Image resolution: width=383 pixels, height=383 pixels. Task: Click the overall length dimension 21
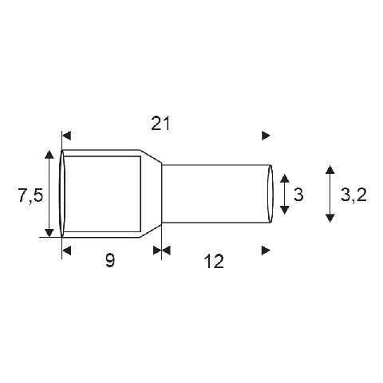click(160, 124)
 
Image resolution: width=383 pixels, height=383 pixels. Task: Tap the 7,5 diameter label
click(30, 195)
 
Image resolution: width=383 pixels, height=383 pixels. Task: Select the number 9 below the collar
click(110, 260)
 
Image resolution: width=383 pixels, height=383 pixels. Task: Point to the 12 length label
click(214, 261)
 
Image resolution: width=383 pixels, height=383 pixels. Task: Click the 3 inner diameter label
click(298, 195)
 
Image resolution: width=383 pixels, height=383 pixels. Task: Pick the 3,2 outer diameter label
click(353, 195)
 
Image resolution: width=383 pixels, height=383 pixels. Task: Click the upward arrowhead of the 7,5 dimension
click(49, 154)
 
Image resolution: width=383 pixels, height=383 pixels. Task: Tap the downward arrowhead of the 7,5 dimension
click(49, 232)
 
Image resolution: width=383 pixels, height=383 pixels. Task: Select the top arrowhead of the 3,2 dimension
click(330, 169)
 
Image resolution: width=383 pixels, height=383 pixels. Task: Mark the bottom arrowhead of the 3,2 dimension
click(330, 218)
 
